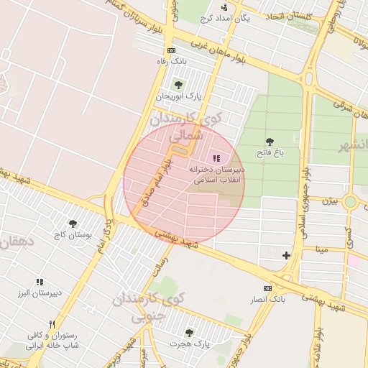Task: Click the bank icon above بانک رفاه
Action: (x=170, y=50)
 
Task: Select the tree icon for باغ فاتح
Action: (x=270, y=142)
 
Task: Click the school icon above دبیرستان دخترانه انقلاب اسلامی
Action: (x=216, y=158)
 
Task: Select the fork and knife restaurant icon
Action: (x=51, y=323)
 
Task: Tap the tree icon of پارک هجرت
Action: (x=189, y=333)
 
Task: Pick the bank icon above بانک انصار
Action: (x=267, y=287)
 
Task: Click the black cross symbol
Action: (x=286, y=255)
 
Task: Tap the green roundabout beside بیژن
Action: (x=350, y=202)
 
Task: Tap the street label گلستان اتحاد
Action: (x=288, y=15)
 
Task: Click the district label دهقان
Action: (x=12, y=243)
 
